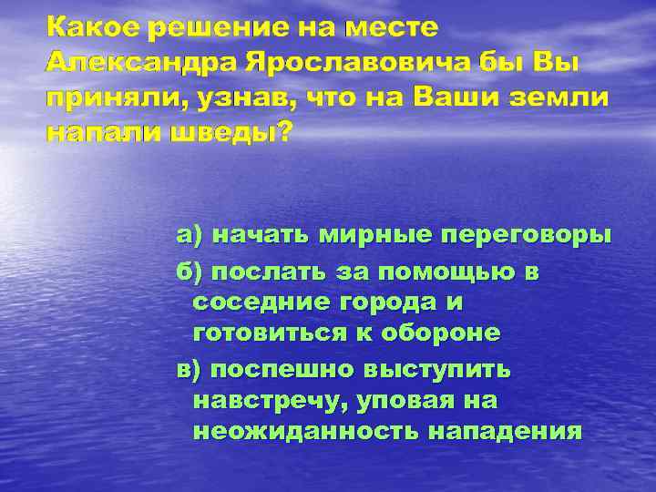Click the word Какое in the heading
coord(92,28)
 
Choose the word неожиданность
coord(301,432)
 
